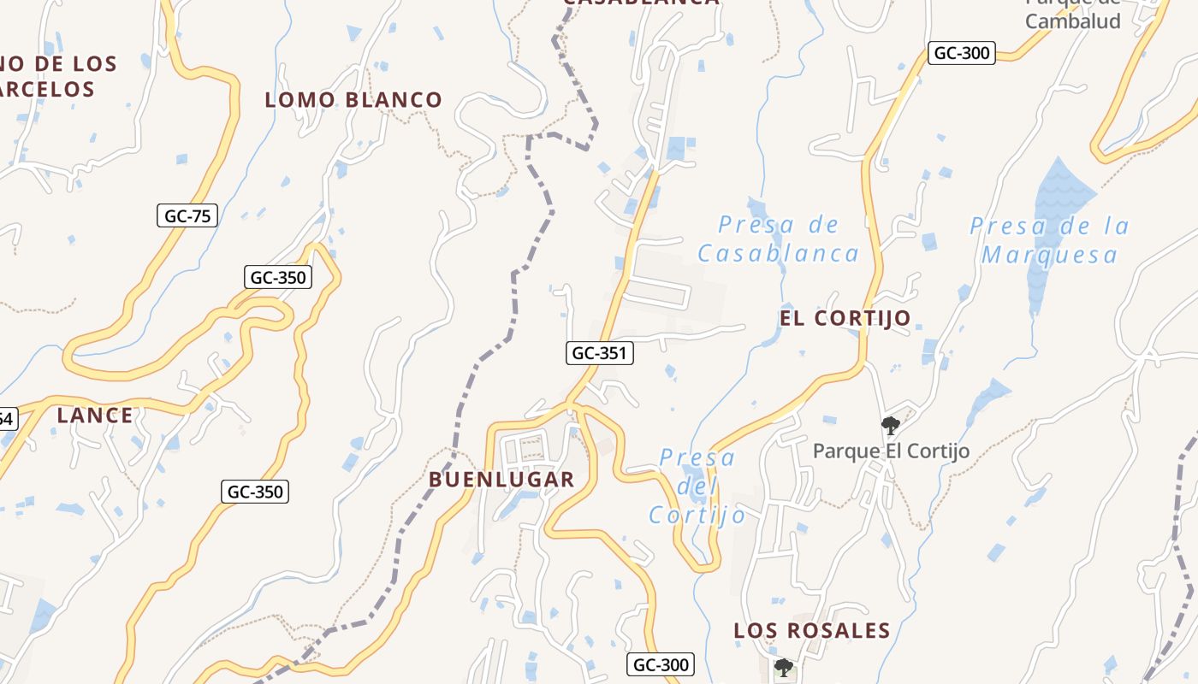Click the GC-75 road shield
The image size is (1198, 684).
point(187,215)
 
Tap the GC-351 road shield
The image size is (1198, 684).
point(600,352)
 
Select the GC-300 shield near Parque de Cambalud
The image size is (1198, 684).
point(962,53)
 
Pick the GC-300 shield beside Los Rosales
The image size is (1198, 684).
point(660,664)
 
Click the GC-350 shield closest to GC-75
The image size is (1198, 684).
point(278,277)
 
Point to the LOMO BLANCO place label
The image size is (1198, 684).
point(353,100)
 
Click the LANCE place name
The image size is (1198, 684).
point(95,416)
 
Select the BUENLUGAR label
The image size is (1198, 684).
point(501,480)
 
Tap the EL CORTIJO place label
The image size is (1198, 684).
point(845,318)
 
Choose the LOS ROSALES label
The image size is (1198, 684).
point(811,631)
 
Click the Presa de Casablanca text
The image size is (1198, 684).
point(778,239)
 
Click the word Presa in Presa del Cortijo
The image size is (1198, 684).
point(697,458)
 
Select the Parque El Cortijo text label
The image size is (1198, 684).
point(891,451)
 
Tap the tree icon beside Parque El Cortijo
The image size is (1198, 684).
point(890,425)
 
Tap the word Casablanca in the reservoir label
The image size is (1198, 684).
point(778,253)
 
